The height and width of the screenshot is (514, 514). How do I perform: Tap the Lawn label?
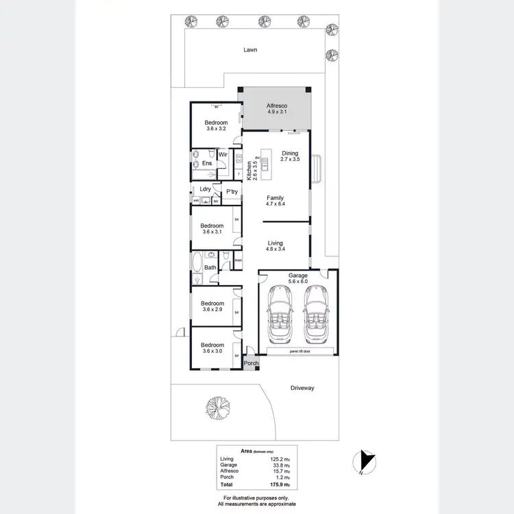click(x=250, y=50)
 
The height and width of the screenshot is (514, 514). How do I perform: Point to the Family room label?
click(x=274, y=198)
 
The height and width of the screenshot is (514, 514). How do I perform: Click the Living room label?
click(x=275, y=243)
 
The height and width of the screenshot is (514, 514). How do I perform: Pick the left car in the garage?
click(x=281, y=314)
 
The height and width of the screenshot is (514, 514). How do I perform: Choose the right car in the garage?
click(x=316, y=314)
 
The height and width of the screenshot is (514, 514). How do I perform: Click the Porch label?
click(x=251, y=363)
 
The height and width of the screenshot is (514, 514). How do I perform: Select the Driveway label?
click(x=301, y=388)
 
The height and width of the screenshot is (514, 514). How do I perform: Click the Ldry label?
click(x=204, y=189)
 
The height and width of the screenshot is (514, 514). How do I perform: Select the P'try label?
click(x=231, y=193)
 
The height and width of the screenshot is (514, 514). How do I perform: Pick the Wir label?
click(x=223, y=155)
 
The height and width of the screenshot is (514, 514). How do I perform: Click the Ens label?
click(x=206, y=163)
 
